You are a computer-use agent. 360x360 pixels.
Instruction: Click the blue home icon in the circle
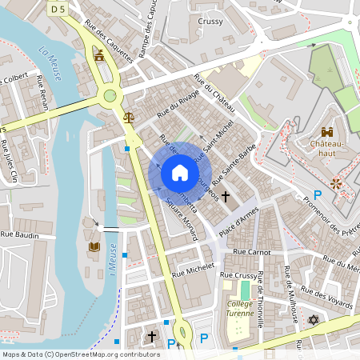coord(180,173)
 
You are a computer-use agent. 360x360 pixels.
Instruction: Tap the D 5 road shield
coord(57,8)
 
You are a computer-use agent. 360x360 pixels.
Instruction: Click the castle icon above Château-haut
coord(326,131)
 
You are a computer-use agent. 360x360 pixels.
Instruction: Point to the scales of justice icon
coord(129,117)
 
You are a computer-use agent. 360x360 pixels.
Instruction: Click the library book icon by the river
coord(94,246)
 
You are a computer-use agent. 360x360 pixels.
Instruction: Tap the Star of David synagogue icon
coord(313,320)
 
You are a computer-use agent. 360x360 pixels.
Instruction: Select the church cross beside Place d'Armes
coord(226,195)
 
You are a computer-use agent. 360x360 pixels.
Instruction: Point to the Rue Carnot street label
coord(251,251)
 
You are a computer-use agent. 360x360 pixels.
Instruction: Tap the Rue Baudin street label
coord(20,234)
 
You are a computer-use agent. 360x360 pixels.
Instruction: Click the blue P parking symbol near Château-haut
coord(318,195)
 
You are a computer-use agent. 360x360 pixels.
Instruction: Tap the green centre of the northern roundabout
coord(110,96)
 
